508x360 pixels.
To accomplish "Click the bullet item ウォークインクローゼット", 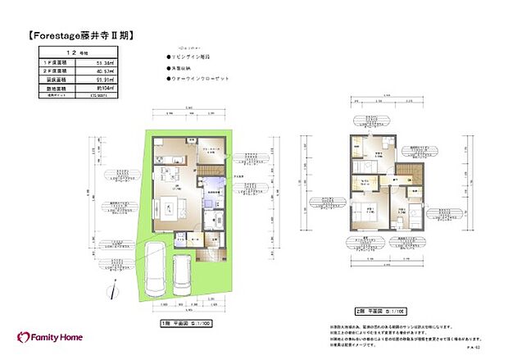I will (x=202, y=80).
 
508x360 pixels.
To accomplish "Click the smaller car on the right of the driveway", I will (x=182, y=277).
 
